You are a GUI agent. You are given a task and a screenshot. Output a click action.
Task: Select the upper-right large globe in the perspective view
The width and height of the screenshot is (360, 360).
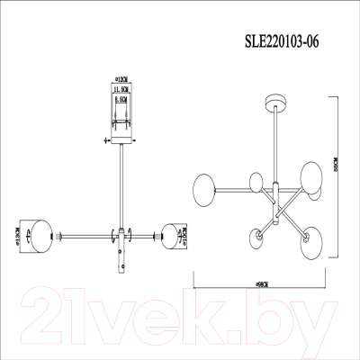(x=310, y=173)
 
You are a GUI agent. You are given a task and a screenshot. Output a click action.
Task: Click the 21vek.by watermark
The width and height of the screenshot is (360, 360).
(x=180, y=314)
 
